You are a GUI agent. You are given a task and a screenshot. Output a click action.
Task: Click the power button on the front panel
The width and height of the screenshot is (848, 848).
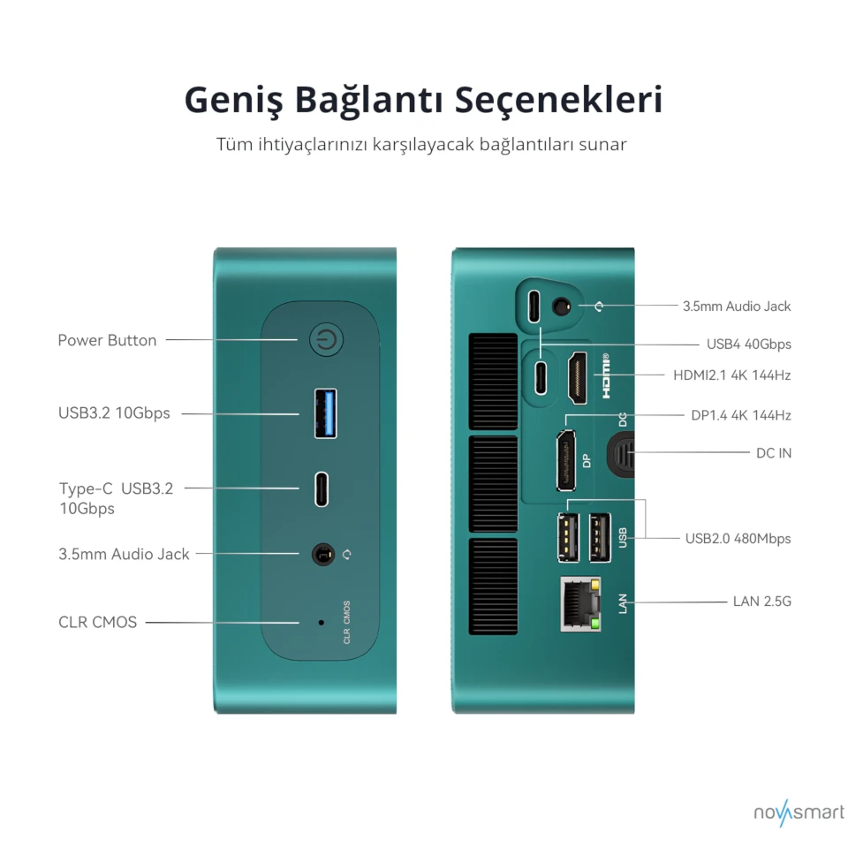[328, 341]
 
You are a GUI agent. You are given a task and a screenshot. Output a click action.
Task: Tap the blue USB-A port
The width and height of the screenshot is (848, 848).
[326, 413]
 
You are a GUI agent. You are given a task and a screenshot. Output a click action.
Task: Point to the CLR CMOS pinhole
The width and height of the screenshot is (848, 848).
[321, 622]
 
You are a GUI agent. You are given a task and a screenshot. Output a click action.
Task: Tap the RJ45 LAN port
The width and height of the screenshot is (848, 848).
[580, 604]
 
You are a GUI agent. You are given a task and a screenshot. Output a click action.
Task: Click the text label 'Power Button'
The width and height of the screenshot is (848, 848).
[107, 340]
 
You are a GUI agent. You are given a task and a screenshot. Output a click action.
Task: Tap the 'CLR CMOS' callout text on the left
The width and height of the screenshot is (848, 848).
[98, 622]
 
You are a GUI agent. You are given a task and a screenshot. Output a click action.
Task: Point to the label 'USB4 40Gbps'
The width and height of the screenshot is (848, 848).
[748, 344]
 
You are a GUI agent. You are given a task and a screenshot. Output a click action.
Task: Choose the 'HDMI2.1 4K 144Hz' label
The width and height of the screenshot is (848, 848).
[731, 375]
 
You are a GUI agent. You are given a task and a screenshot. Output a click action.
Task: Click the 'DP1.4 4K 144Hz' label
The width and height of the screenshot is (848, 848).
[740, 414]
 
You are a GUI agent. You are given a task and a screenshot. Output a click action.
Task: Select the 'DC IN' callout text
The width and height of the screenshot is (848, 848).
[774, 452]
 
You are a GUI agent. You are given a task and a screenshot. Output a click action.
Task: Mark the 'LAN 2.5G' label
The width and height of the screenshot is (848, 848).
[761, 602]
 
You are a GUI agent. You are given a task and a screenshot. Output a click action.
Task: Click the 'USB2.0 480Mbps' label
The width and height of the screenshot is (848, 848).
[738, 538]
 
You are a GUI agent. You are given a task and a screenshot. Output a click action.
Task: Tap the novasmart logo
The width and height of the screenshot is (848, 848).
[799, 813]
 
